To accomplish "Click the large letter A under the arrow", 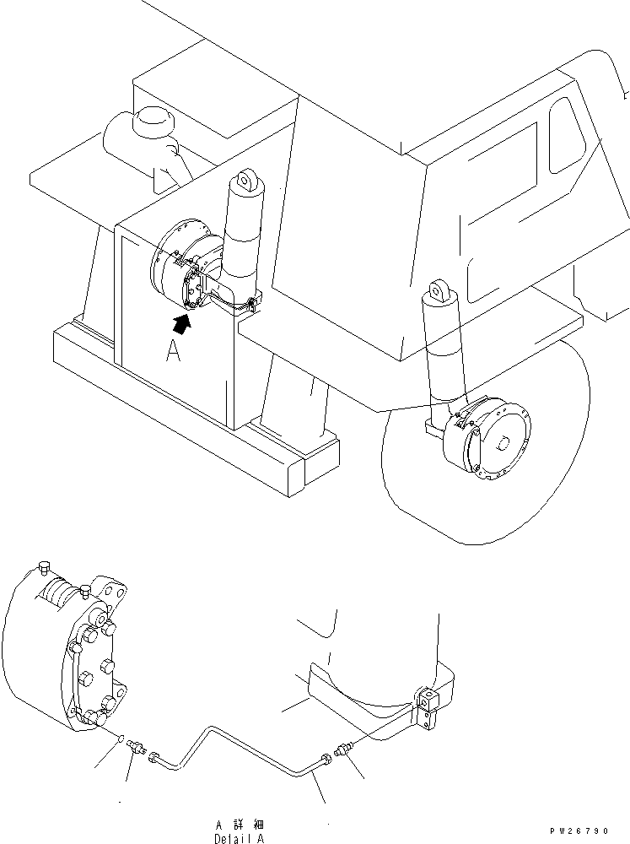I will [x=174, y=352].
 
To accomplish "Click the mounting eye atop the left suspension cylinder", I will [x=246, y=180].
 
